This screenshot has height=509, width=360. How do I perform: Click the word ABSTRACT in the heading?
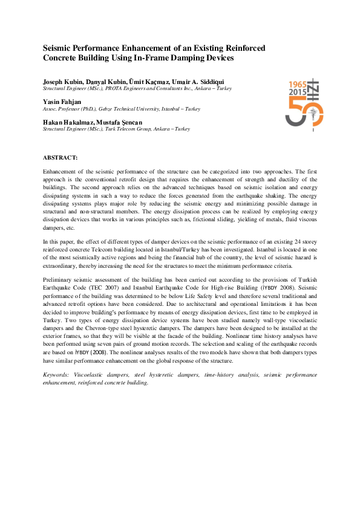[x=60, y=157]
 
